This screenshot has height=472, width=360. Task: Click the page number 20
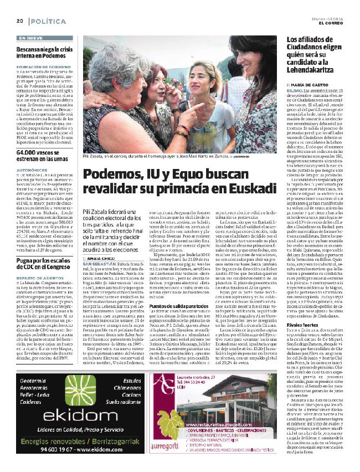point(19,20)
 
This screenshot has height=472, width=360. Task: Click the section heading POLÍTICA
point(47,20)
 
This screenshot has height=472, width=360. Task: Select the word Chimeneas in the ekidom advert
point(133,373)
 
